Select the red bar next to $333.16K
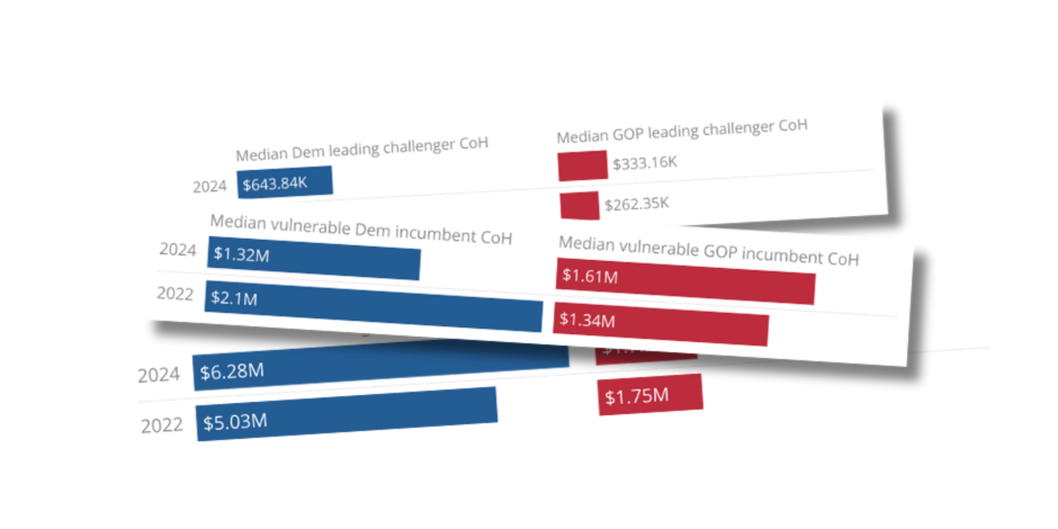point(582,165)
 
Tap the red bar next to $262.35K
point(579,205)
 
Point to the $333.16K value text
point(644,161)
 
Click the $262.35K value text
point(637,204)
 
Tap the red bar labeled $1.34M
point(660,324)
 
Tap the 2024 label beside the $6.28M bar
point(159,375)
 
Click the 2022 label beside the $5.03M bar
point(162,425)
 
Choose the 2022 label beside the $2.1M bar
point(175,294)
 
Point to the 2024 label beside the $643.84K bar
point(210,186)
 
